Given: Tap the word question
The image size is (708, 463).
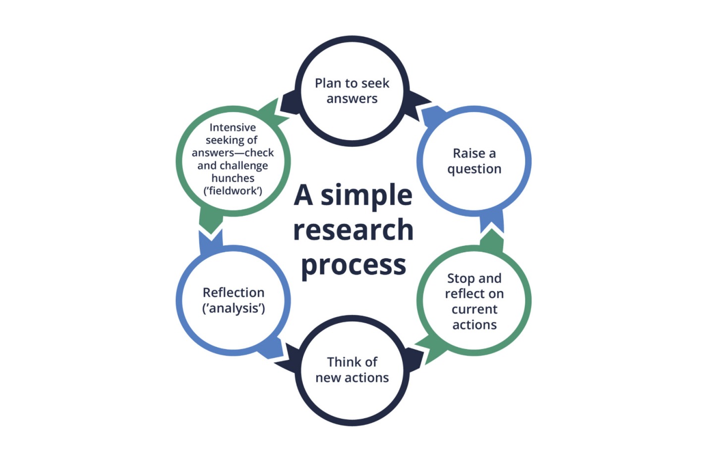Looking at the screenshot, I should [474, 169].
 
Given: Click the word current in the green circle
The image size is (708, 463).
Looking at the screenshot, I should [474, 309].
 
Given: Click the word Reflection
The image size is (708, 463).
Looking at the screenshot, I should [233, 292].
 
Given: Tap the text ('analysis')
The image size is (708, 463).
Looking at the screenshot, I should [233, 308].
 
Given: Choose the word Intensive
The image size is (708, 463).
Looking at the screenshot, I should [233, 127].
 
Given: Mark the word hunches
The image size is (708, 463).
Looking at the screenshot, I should [233, 178].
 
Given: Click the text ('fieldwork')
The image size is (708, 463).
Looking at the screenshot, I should [233, 191].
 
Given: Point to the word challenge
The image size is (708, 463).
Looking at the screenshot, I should [243, 166].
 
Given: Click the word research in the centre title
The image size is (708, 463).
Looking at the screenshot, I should [353, 230].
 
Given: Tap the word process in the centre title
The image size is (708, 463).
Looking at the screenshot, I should [353, 265].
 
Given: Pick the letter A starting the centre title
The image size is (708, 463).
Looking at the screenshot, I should [303, 195].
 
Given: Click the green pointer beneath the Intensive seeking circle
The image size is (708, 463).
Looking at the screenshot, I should [211, 221].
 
